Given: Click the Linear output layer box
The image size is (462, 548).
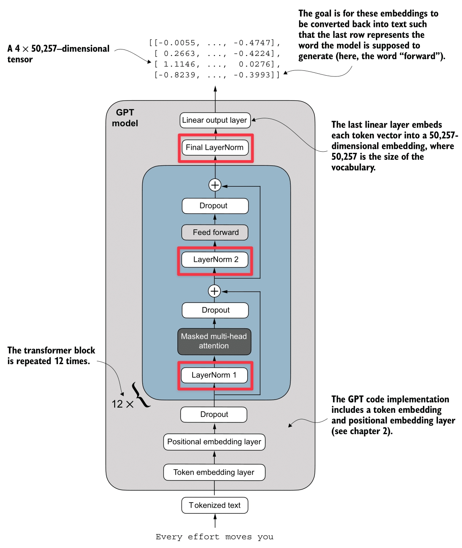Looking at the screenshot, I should tap(215, 120).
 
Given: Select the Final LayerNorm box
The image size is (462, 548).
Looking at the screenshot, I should tap(215, 148).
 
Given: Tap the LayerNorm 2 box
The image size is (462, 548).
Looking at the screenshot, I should tap(215, 260).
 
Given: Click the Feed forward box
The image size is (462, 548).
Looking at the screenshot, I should tap(215, 233).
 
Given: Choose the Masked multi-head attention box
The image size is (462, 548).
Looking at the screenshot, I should tap(214, 342).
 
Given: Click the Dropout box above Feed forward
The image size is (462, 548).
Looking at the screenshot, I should tap(215, 206).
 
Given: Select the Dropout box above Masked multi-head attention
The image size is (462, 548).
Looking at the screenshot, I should tap(215, 310).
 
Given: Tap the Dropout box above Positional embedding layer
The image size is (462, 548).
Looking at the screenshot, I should tap(214, 414).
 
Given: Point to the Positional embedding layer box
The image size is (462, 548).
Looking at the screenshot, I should tap(214, 442).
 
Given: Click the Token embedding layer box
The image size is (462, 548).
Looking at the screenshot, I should tap(214, 472).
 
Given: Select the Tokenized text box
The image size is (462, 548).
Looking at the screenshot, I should tap(215, 505).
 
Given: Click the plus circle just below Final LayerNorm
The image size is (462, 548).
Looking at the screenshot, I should tap(215, 185).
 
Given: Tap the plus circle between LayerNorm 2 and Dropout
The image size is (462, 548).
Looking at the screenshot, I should tap(214, 291).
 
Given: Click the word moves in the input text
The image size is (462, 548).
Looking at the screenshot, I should tap(238, 537).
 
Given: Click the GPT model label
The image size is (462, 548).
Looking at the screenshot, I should tap(125, 118).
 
